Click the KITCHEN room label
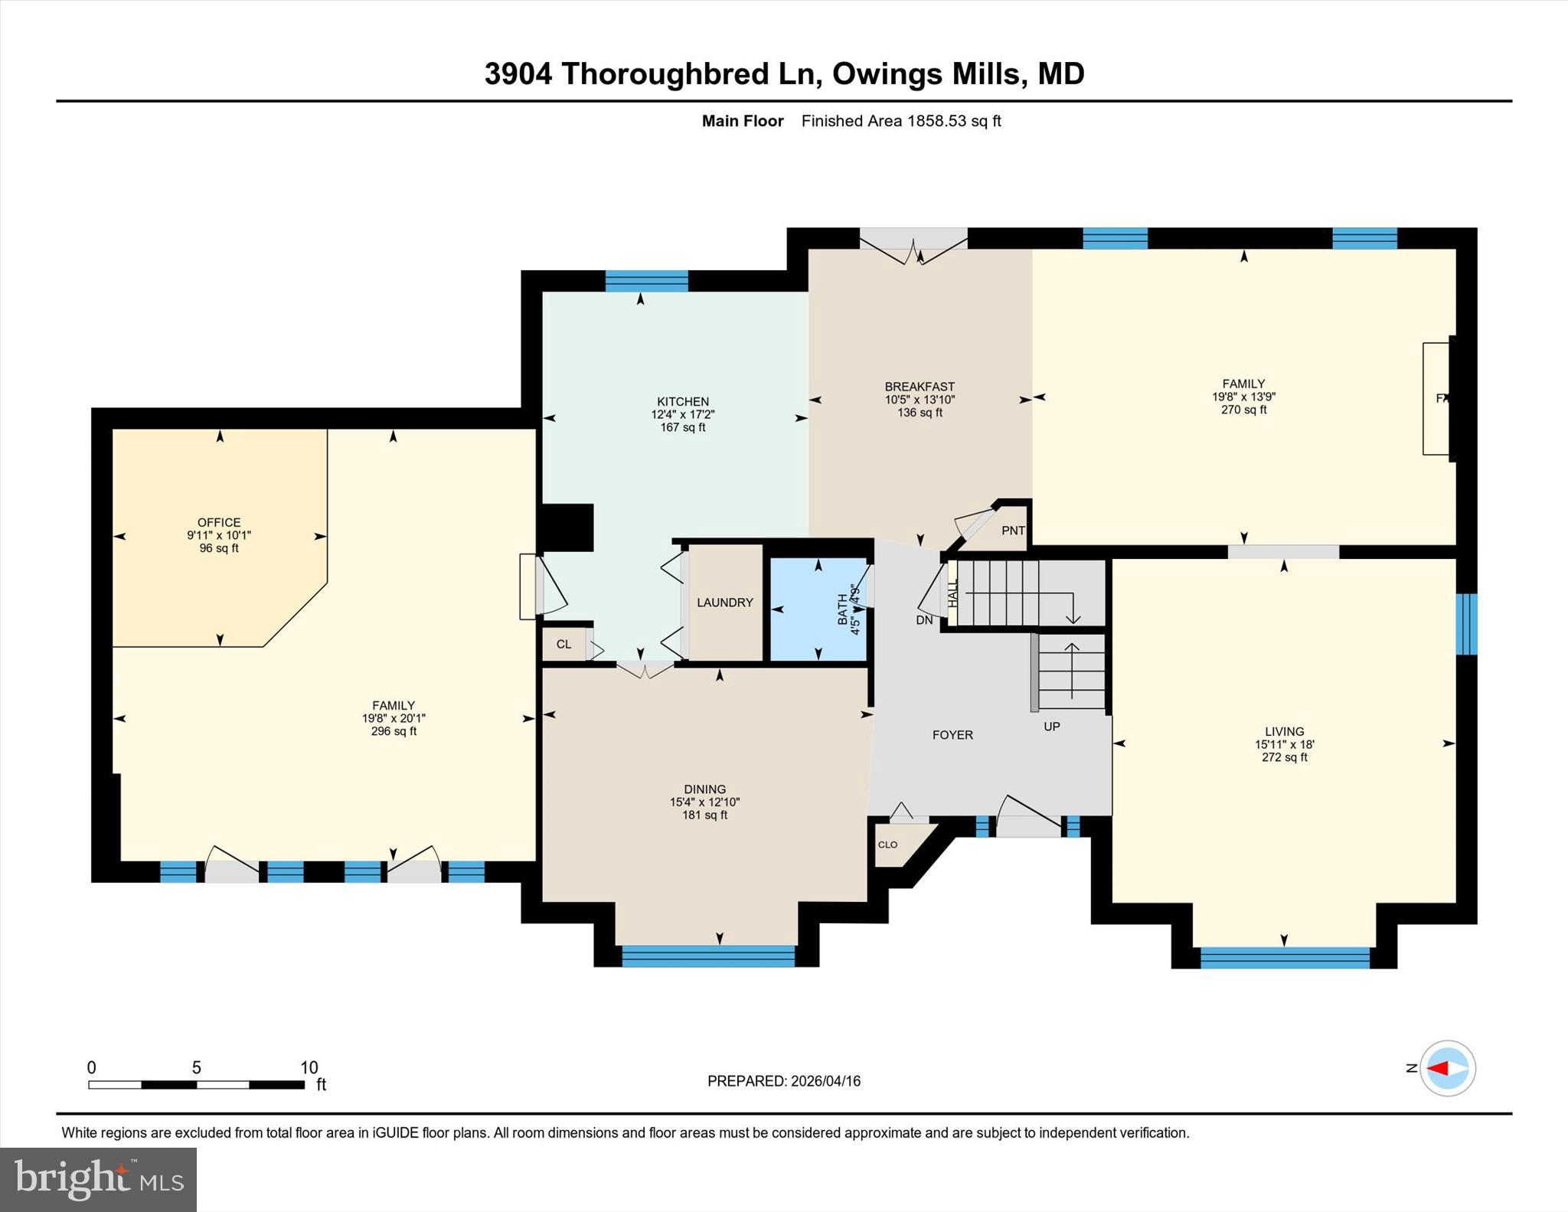pyautogui.click(x=682, y=401)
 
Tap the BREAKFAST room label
pyautogui.click(x=920, y=387)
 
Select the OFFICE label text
pyautogui.click(x=219, y=523)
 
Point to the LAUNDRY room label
pyautogui.click(x=724, y=603)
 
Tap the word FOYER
pyautogui.click(x=952, y=735)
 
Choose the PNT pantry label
pyautogui.click(x=1013, y=531)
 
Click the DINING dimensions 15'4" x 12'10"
pyautogui.click(x=704, y=802)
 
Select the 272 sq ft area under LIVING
pyautogui.click(x=1284, y=757)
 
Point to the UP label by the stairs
pyautogui.click(x=1051, y=726)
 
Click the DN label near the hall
pyautogui.click(x=924, y=620)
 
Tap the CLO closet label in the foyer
pyautogui.click(x=887, y=844)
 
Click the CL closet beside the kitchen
pyautogui.click(x=563, y=644)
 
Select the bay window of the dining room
pyautogui.click(x=708, y=956)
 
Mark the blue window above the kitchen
pyautogui.click(x=646, y=281)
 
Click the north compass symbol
pyautogui.click(x=1447, y=1068)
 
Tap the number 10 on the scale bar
pyautogui.click(x=309, y=1067)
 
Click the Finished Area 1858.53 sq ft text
pyautogui.click(x=900, y=121)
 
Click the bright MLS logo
pyautogui.click(x=98, y=1178)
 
